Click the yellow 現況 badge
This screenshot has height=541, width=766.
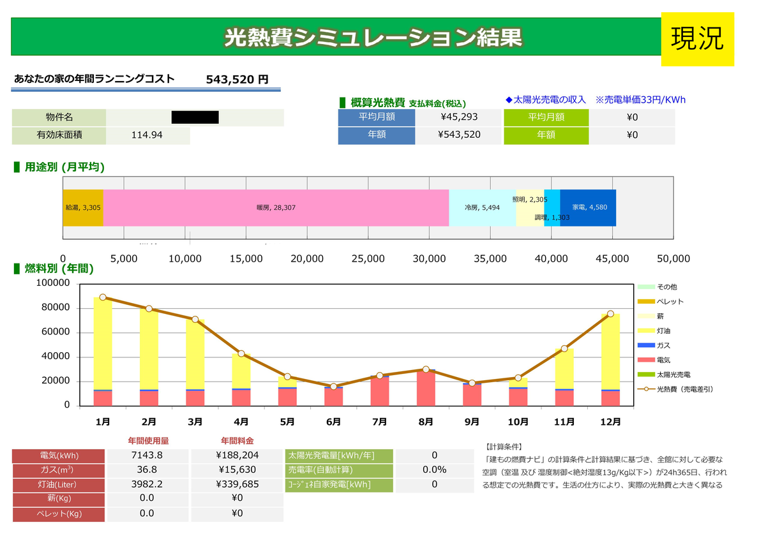coord(697,38)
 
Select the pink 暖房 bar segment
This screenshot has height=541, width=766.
coord(276,208)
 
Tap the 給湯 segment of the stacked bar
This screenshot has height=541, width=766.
coord(83,208)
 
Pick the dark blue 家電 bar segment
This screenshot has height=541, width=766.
coord(588,208)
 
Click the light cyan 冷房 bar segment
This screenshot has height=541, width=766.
coord(482,208)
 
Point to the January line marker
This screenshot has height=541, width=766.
coord(103,297)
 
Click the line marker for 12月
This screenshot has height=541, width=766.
coord(610,313)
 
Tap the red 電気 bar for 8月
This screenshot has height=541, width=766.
coord(426,388)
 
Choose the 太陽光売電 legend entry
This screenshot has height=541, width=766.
coord(673,374)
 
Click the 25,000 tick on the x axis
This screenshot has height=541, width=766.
coord(368,258)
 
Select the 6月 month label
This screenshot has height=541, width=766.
coord(333,422)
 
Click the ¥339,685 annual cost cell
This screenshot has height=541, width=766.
coord(237,484)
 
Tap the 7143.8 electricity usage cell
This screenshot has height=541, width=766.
coord(147,456)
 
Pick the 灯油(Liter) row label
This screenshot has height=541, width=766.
coord(58,484)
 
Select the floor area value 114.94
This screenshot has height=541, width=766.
coord(147,135)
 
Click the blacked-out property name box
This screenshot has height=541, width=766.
coord(195,117)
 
